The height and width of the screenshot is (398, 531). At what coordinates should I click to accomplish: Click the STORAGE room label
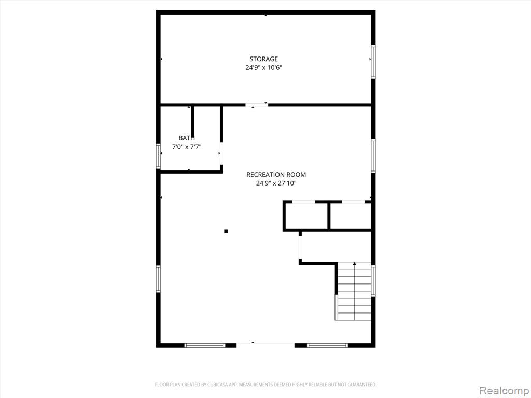pos(264,59)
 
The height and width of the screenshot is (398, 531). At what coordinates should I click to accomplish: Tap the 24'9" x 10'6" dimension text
pos(264,68)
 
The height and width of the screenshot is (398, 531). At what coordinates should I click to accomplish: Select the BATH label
pos(187,138)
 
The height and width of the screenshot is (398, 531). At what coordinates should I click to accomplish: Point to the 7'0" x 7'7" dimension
pos(187,147)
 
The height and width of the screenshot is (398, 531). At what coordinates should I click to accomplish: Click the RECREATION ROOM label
pos(276,175)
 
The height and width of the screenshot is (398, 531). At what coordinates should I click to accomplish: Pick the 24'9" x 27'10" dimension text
pos(276,183)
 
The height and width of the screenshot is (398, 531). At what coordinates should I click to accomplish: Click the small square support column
pos(226,231)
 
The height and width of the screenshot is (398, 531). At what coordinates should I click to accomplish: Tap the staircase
pos(354,291)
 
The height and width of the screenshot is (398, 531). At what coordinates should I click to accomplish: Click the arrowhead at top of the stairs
pos(355,263)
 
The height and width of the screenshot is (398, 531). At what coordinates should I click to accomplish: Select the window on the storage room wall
pos(373,62)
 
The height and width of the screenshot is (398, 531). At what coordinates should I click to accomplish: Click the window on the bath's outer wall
pos(158,156)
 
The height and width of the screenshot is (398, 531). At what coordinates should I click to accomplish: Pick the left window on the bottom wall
pos(204,345)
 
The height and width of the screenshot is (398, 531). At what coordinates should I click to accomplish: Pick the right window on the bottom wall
pos(327,345)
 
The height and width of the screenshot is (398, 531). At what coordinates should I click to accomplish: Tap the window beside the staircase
pos(373,281)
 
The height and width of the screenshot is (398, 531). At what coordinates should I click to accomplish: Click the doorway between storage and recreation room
pos(257,105)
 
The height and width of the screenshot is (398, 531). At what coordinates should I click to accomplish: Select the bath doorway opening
pos(221,153)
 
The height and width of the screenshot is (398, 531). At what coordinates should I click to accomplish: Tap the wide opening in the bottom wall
pos(265,345)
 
